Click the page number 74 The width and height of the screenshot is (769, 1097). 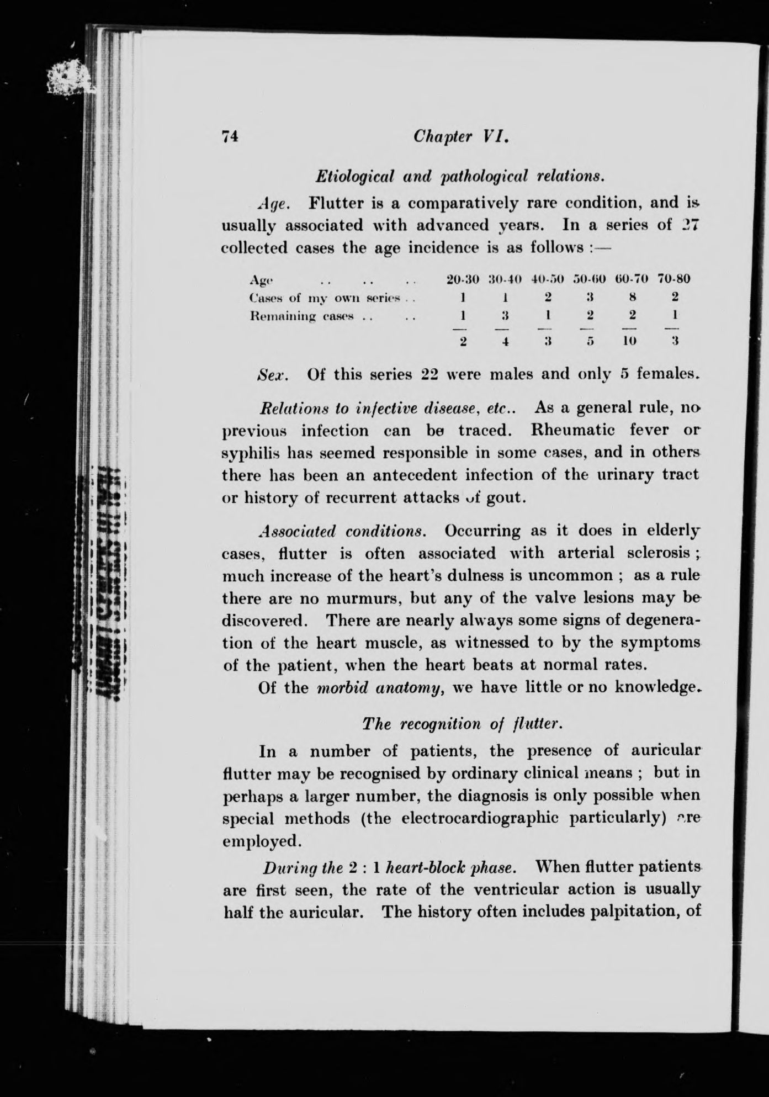point(229,137)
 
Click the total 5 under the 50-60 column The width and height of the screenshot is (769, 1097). point(590,341)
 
